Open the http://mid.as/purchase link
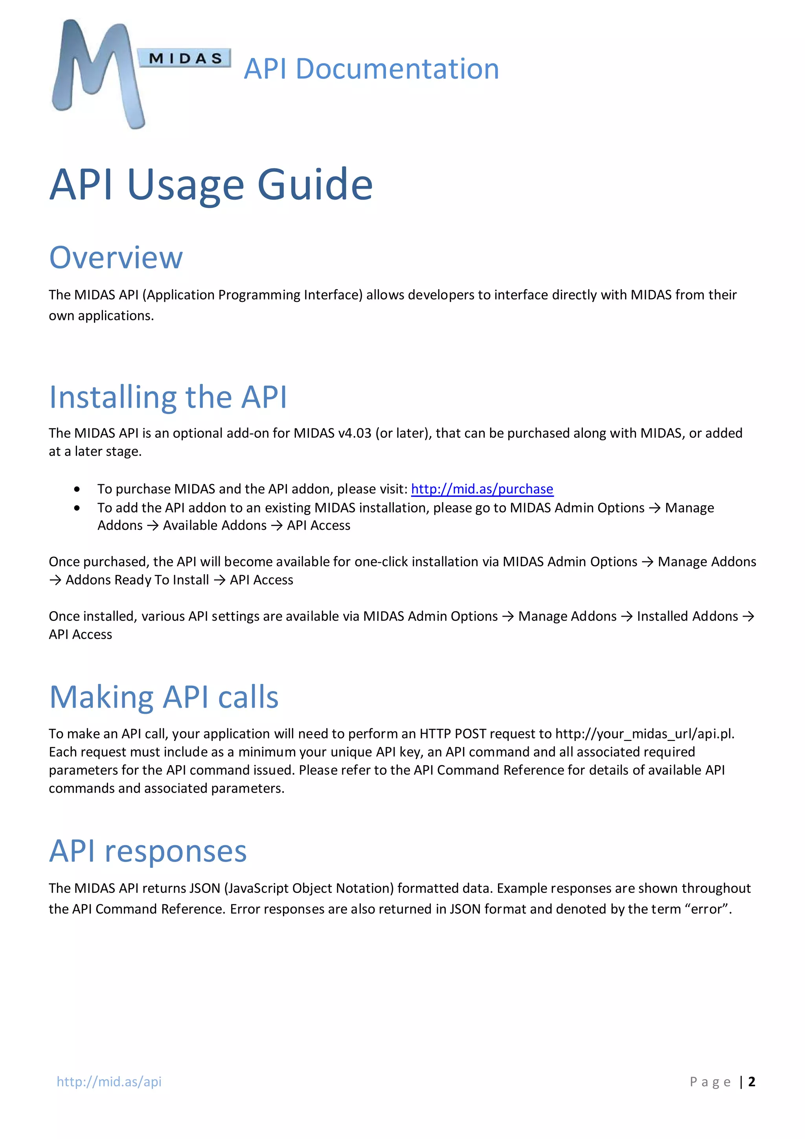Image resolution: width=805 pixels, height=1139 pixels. (x=482, y=489)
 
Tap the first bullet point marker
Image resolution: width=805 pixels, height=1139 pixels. (x=77, y=490)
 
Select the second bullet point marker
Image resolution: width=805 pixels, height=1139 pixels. (x=77, y=508)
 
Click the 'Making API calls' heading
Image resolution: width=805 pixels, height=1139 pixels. (x=164, y=697)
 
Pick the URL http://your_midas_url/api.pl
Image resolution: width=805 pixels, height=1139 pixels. (x=644, y=734)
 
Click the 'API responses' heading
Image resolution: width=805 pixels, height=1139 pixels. (x=148, y=851)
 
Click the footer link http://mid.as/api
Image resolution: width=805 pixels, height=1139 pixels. (x=109, y=1082)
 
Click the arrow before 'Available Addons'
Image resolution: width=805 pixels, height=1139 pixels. (x=153, y=526)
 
